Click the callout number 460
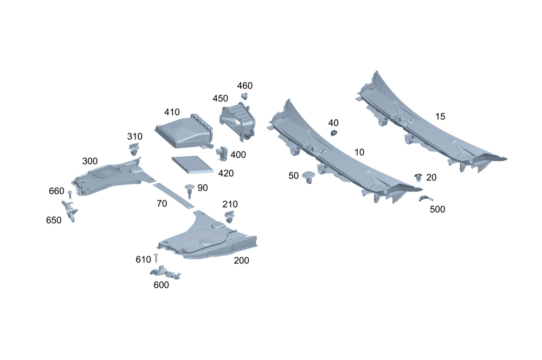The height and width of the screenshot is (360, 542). [x=244, y=86]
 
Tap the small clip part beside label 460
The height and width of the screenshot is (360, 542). [x=243, y=97]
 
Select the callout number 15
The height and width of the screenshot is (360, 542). [x=440, y=117]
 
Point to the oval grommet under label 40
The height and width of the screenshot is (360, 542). [x=334, y=133]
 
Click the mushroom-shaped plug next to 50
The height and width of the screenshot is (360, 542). [x=308, y=177]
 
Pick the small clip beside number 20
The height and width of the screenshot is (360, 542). [x=418, y=177]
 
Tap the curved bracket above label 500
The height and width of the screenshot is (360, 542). [x=425, y=198]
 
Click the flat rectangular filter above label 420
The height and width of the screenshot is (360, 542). [x=192, y=164]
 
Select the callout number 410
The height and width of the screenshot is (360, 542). [x=172, y=112]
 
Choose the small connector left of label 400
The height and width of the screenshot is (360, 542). [x=222, y=152]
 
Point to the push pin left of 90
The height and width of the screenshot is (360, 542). [x=189, y=190]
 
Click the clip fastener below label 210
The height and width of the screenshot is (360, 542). [x=230, y=217]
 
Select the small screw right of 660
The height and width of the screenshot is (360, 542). [x=70, y=193]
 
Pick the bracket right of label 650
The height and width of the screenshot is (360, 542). [x=69, y=209]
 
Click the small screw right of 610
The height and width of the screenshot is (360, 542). [x=156, y=258]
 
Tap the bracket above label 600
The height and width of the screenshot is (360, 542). [x=164, y=272]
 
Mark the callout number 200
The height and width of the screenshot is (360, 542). [x=241, y=260]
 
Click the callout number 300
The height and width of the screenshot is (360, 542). [x=90, y=162]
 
